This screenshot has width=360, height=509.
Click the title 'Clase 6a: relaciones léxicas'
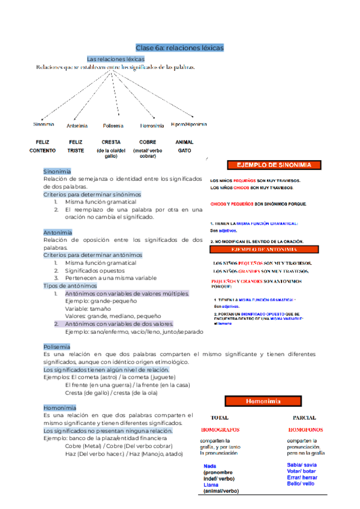coord(179,47)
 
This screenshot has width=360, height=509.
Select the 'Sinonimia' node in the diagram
coord(44,125)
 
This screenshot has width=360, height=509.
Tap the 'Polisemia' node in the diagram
coord(113,125)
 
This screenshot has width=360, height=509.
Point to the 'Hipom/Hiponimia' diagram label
coord(189,124)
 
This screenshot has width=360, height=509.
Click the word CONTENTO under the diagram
coord(43,150)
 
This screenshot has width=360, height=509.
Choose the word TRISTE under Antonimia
coord(76,150)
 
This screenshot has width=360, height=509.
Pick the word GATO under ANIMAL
coord(184,150)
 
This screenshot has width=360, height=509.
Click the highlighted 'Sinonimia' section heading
coord(57,171)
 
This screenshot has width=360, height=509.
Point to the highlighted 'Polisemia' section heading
coord(56,346)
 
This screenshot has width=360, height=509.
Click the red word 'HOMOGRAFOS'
coord(220,430)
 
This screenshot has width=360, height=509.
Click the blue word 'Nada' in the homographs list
coord(210,466)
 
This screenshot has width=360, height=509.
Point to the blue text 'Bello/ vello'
coord(301,483)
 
